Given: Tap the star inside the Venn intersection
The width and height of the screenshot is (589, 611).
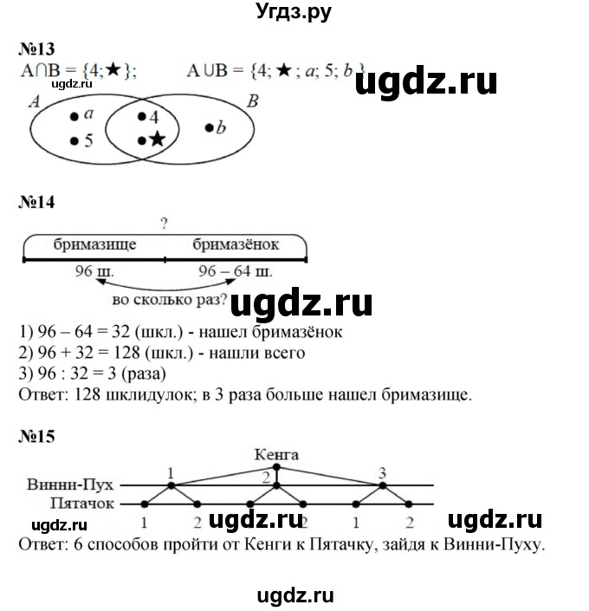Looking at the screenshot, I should (x=157, y=139).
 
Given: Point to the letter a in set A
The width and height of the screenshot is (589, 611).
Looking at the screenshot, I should (x=88, y=114).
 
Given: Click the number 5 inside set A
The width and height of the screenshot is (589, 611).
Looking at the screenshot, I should (x=88, y=140).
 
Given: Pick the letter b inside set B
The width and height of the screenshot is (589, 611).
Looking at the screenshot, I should (x=221, y=127).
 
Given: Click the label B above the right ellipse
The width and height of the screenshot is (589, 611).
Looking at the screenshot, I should (x=252, y=101).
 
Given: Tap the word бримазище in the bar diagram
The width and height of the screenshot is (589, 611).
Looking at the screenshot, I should (x=93, y=245).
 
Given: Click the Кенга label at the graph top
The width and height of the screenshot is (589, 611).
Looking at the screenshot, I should (x=277, y=453).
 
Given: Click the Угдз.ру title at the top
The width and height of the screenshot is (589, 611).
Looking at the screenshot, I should (x=294, y=11).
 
